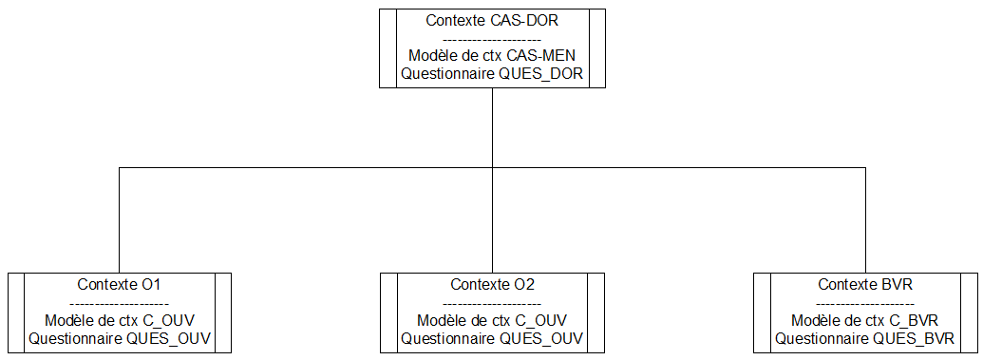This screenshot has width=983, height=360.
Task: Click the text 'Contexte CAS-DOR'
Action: [x=492, y=21]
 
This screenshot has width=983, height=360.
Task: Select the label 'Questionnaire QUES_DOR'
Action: [x=492, y=73]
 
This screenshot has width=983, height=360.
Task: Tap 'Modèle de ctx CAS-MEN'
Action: [x=492, y=56]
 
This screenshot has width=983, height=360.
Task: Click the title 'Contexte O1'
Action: [x=119, y=285]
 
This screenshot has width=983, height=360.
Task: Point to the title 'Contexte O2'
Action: [x=492, y=285]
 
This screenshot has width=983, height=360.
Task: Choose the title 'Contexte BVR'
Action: [x=865, y=285]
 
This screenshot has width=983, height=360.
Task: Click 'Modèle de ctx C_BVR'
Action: [x=865, y=320]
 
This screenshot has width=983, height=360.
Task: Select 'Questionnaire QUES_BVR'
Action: [x=865, y=338]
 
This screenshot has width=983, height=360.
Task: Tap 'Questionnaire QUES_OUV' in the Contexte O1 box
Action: [x=119, y=338]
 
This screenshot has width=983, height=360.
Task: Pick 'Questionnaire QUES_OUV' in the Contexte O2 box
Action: [x=492, y=338]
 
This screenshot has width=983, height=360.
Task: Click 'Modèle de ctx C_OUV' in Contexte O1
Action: [x=119, y=320]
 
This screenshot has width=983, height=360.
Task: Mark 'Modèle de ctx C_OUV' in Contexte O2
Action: [x=492, y=320]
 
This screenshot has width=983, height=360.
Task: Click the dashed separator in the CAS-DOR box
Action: [x=492, y=39]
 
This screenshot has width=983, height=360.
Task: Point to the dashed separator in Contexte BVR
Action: [x=865, y=303]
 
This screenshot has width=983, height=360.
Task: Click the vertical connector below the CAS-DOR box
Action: [x=492, y=128]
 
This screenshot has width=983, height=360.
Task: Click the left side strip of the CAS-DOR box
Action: [x=387, y=48]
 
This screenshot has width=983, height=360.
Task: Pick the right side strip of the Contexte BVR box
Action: [x=970, y=313]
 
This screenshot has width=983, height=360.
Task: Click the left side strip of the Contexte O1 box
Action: [x=15, y=313]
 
